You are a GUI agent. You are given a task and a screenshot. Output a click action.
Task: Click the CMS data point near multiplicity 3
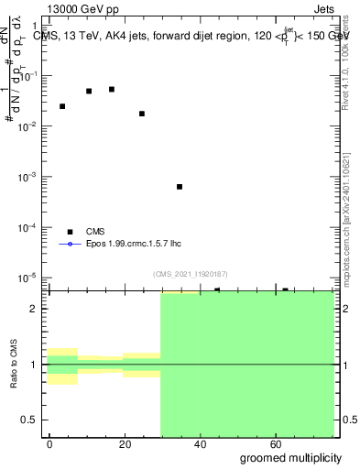click(62, 106)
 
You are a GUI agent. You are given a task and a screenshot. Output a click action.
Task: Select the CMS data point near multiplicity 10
click(89, 91)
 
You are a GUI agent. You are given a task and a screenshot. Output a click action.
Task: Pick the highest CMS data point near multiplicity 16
click(112, 89)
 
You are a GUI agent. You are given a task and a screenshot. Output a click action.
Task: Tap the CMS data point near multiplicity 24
click(142, 114)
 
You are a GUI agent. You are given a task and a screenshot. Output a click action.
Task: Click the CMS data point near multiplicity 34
click(180, 187)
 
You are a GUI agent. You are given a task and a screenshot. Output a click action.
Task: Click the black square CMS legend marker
click(70, 232)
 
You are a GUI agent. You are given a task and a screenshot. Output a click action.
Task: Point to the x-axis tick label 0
click(50, 443)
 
